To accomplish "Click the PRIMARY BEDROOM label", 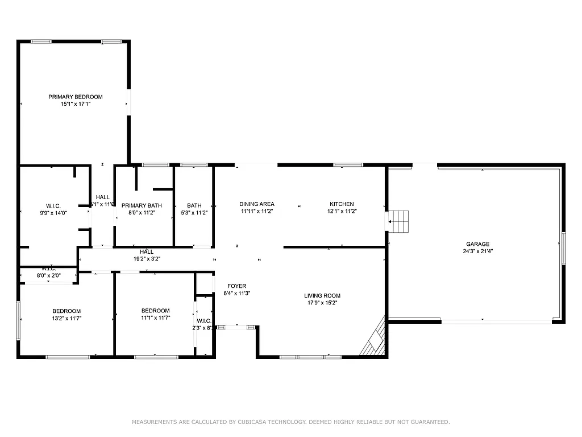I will coord(75,97).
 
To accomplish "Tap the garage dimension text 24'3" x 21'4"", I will coord(477,252).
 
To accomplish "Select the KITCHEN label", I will coord(342,204).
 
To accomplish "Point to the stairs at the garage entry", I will coord(399,221).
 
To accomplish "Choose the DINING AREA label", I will coord(256,204).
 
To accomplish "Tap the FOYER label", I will coord(236,286).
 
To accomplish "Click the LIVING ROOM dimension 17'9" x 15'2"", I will coord(322,303).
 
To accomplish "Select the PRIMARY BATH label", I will coord(142,205).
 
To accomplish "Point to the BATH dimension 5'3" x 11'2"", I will coord(194,213).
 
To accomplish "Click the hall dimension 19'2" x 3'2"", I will coord(147,259).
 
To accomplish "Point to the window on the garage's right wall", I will coord(563,248).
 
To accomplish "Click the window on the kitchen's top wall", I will coord(348,165).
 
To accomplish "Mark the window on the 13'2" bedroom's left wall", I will coord(19,320).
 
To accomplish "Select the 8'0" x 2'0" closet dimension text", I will coord(48,275).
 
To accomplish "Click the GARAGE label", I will coord(477,244).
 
